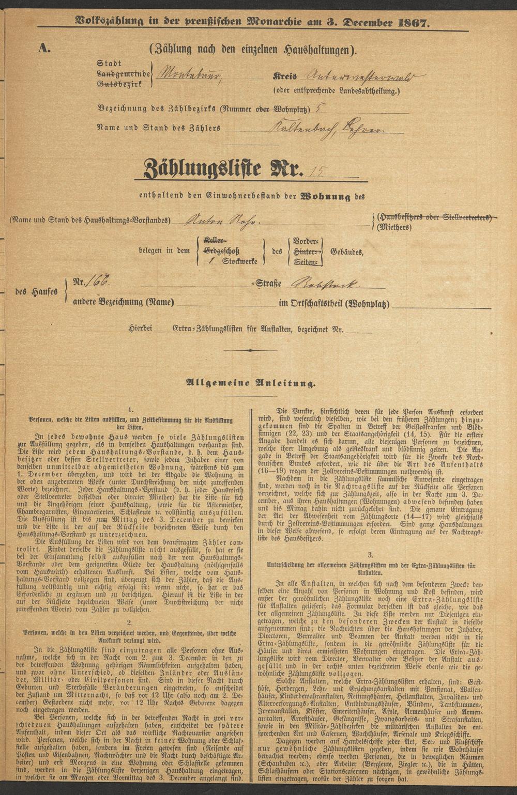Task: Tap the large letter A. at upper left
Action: click(x=44, y=49)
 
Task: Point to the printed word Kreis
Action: click(x=285, y=76)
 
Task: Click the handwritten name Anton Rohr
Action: click(x=219, y=220)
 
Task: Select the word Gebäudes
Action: click(x=345, y=252)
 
